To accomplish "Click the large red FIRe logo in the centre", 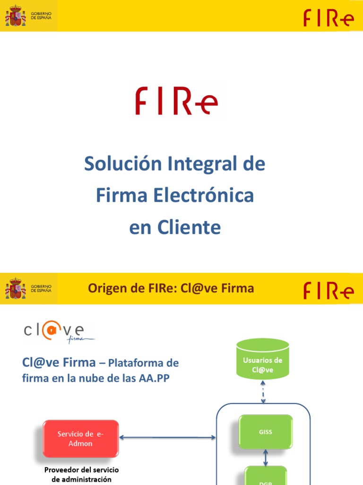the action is point(176,100).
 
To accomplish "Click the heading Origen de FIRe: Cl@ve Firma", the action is point(171,288).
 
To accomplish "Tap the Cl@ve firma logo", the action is point(59,332).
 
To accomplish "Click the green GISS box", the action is point(266,432).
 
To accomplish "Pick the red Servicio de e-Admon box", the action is point(81,439).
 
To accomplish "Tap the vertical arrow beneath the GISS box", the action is point(266,458).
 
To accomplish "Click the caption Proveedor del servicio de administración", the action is point(81,475).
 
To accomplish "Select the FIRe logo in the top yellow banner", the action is point(328,18).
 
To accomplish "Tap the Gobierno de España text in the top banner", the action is point(41,16).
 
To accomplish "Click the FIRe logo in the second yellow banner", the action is point(328,290).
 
